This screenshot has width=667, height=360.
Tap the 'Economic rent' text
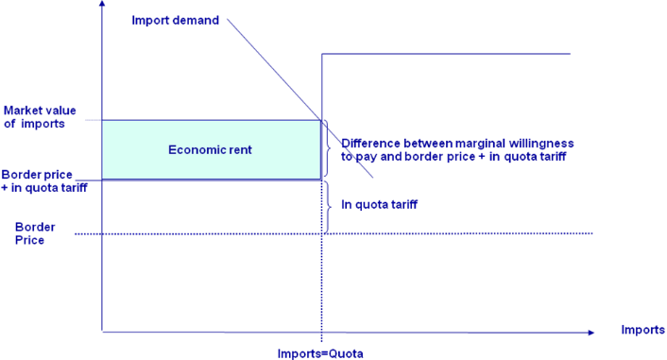click(210, 150)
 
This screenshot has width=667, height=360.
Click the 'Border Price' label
click(35, 233)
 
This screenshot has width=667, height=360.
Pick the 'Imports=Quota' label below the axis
click(320, 353)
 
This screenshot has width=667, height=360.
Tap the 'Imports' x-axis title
click(642, 329)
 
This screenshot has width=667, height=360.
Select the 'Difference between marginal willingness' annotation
click(457, 144)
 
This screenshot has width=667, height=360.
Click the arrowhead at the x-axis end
click(590, 332)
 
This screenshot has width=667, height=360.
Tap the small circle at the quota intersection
click(322, 121)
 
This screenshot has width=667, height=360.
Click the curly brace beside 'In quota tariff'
click(329, 205)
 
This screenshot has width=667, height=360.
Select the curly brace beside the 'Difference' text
click(330, 149)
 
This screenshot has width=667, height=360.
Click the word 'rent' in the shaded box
click(239, 150)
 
